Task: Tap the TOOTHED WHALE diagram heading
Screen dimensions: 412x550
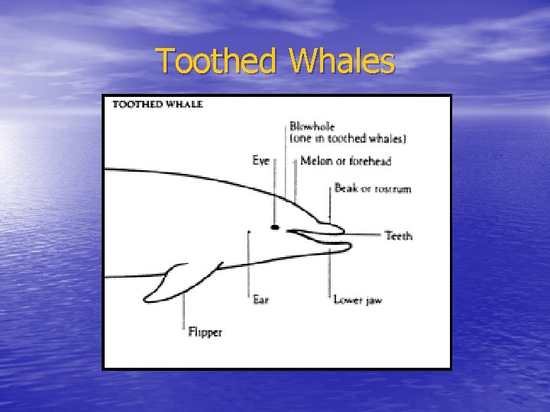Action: [x=157, y=105]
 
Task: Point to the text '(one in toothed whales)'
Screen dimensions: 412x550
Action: [x=348, y=138]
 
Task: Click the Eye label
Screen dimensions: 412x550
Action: [x=261, y=160]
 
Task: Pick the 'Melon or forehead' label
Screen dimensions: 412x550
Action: [x=345, y=161]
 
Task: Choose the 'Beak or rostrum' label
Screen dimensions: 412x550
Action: [x=372, y=188]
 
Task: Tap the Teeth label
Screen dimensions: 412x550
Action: [x=398, y=236]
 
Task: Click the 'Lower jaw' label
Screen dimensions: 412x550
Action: [x=357, y=300]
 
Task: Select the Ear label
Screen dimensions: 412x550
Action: [x=260, y=300]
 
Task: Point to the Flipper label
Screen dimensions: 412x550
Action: [x=205, y=333]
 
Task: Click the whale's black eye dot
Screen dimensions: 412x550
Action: [x=275, y=227]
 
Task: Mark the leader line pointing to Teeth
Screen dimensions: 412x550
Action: [x=365, y=235]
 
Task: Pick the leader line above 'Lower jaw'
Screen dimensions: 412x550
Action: [x=332, y=271]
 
